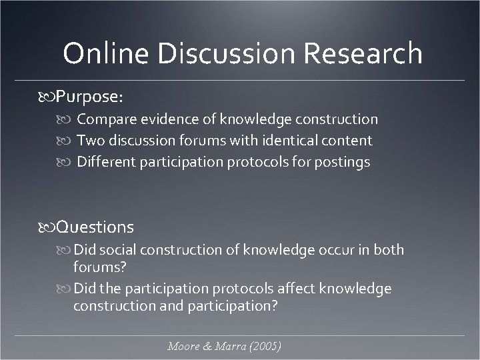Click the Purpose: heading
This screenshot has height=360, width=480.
89,97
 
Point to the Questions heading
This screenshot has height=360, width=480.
95,227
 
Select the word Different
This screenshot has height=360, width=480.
106,162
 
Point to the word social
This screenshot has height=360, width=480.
121,250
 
